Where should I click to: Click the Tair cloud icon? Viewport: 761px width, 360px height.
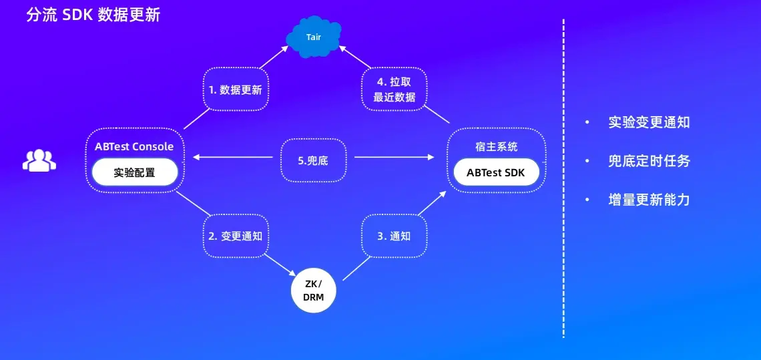coord(313,37)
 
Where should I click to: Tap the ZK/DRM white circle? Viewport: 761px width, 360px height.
coord(313,291)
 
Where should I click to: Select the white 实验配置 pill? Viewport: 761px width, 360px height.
coord(134,172)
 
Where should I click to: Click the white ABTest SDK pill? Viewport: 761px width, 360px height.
coord(495,172)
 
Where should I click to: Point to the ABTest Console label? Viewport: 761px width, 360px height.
coord(134,147)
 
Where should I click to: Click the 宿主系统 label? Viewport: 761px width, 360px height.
coord(496,146)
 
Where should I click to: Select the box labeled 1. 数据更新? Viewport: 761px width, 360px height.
coord(236,88)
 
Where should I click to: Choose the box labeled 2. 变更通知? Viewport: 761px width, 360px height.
coord(236,236)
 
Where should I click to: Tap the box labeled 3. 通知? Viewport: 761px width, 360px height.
coord(395,236)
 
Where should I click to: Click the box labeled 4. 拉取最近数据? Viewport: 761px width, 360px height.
coord(395,89)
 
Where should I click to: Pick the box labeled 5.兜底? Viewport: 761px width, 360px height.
coord(313,160)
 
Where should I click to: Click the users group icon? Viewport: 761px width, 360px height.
coord(39,160)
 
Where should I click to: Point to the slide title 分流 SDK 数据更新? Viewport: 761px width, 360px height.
coord(93,15)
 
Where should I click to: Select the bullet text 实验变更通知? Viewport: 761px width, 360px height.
coord(649,122)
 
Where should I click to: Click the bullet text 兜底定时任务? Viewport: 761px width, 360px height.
coord(649,161)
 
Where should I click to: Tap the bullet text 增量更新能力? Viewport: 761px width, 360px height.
coord(649,200)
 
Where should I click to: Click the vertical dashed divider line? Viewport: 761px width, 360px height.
coord(563,180)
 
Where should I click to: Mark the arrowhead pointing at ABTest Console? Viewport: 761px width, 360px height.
coord(196,158)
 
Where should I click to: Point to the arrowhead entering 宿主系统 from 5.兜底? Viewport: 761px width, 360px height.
coord(431,158)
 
